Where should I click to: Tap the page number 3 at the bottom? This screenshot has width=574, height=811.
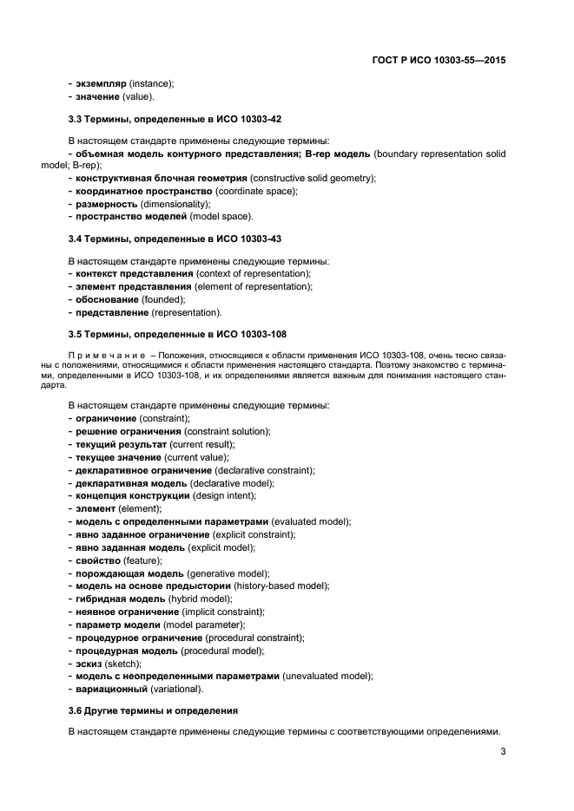tap(503, 752)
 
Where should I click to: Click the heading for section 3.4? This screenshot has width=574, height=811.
tap(175, 238)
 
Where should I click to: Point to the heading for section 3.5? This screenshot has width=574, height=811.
tap(177, 333)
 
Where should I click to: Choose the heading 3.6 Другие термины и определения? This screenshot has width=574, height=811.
tap(153, 710)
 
